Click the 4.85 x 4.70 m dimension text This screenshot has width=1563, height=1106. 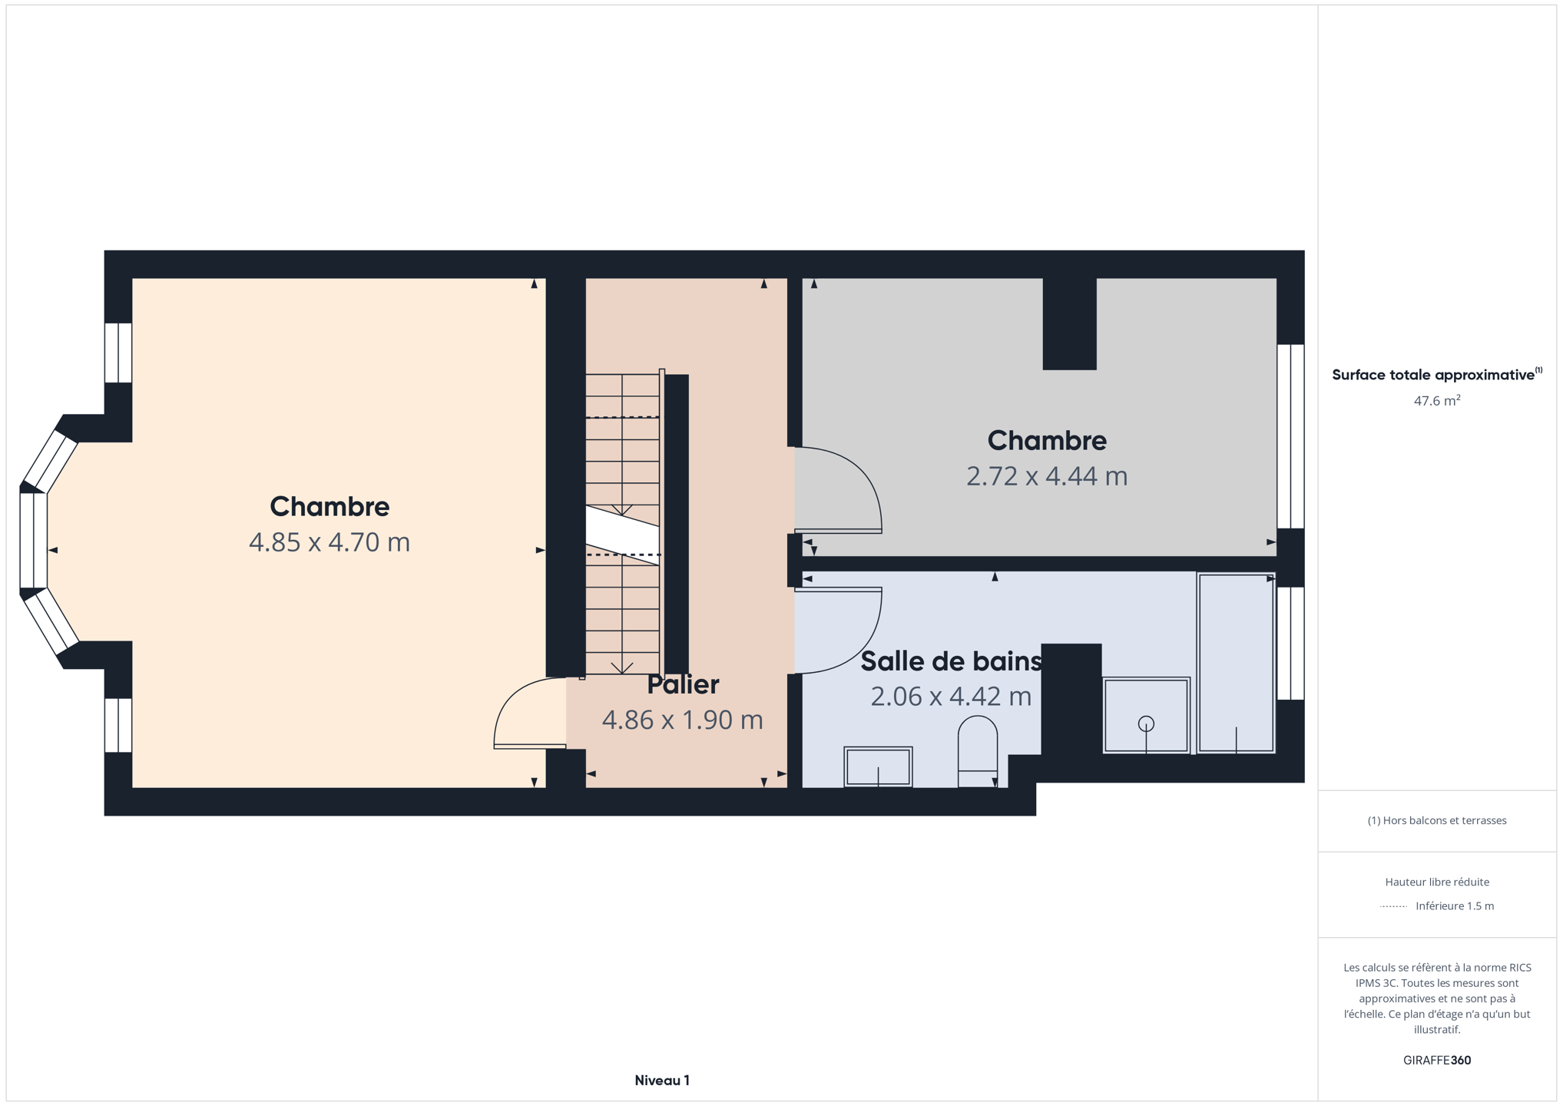[x=329, y=542]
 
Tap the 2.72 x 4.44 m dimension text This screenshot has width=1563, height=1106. [x=1047, y=476]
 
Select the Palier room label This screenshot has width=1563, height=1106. [x=683, y=684]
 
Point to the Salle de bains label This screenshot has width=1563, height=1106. [x=951, y=661]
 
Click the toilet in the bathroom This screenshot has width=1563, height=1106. [x=978, y=751]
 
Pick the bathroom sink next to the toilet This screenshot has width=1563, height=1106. [x=878, y=767]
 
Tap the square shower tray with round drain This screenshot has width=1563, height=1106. [x=1146, y=715]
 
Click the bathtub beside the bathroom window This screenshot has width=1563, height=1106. [x=1235, y=663]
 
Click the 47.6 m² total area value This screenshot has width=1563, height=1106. [x=1436, y=400]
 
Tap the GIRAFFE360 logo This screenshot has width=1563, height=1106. [x=1436, y=1060]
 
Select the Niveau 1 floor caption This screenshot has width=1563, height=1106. [x=662, y=1081]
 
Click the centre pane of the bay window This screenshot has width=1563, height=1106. [x=33, y=541]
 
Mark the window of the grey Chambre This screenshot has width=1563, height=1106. [x=1290, y=436]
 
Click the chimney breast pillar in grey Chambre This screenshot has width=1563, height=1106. [x=1069, y=323]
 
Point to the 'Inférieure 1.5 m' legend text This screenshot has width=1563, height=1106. [x=1455, y=906]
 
